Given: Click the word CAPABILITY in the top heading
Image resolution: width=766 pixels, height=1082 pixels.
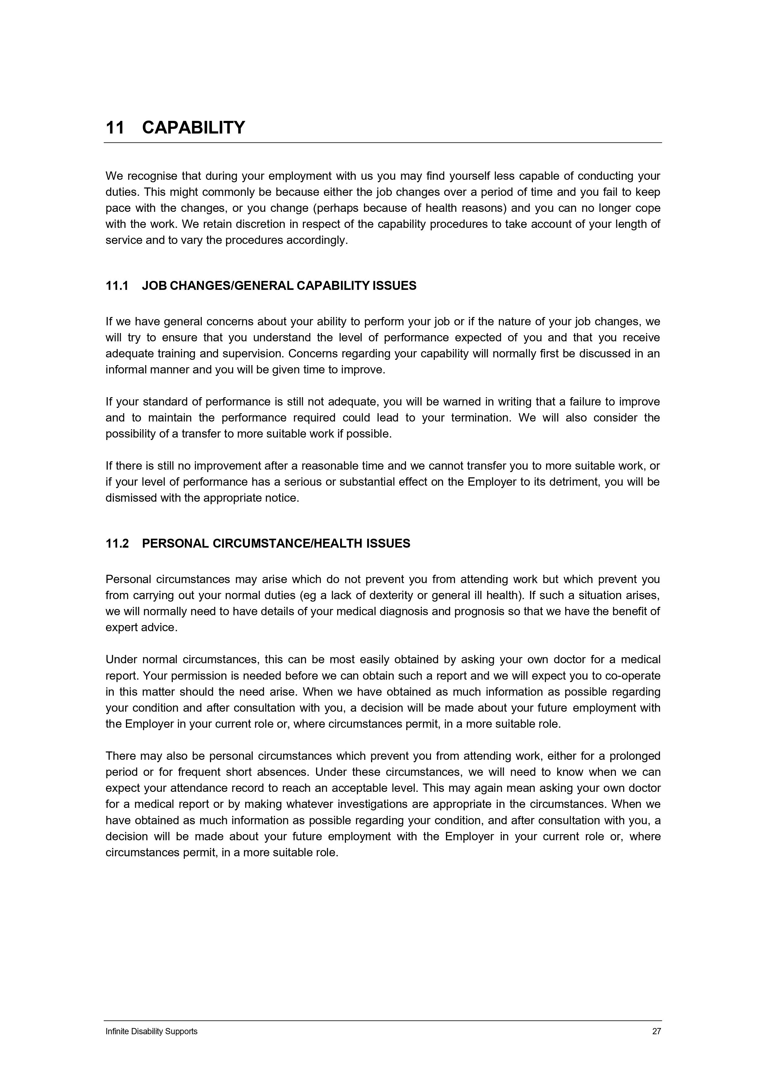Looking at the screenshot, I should point(194,128).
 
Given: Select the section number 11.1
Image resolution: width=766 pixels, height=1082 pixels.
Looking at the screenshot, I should point(117,286).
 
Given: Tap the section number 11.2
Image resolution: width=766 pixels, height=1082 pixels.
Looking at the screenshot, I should point(117,544).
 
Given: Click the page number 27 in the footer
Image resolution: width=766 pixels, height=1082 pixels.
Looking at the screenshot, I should point(656,1031).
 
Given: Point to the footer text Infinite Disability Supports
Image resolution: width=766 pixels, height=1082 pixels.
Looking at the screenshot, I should point(152,1031).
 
